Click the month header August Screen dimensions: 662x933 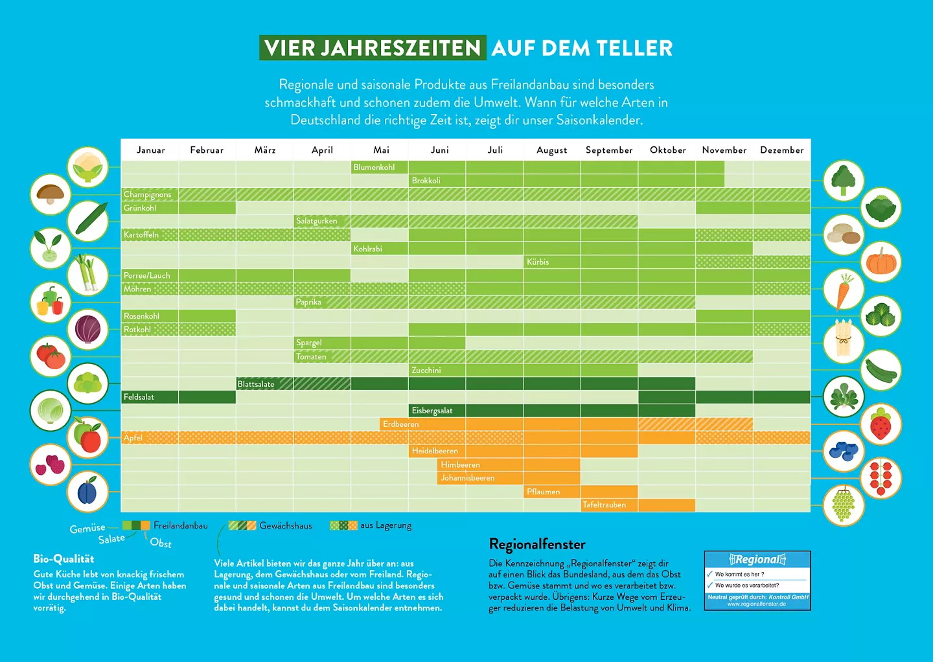tap(551, 150)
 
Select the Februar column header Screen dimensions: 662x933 tap(207, 150)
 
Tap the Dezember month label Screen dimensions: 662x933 tap(781, 150)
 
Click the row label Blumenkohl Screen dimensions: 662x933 tap(374, 167)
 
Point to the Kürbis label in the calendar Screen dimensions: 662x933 tap(538, 262)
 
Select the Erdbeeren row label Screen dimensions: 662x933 tap(400, 424)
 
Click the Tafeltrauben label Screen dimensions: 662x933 tap(604, 505)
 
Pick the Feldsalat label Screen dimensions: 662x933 tap(139, 397)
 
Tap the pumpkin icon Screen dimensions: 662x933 tap(881, 262)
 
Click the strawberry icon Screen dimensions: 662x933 tap(881, 424)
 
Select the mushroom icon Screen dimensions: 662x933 tap(51, 194)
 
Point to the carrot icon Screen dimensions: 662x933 tap(843, 290)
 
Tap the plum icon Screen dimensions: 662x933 tap(87, 492)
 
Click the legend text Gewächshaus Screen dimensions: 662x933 tap(286, 526)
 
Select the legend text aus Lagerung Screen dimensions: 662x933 tap(386, 525)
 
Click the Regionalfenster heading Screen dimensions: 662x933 tap(537, 544)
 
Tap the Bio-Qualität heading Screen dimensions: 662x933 tap(63, 558)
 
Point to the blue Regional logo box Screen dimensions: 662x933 tap(757, 580)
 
